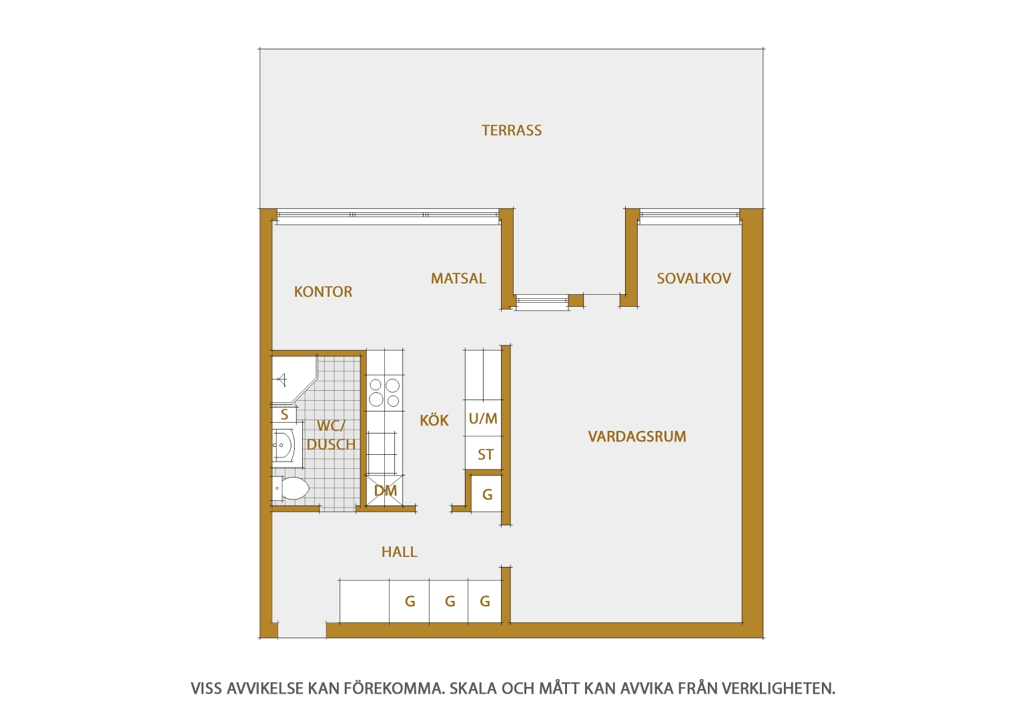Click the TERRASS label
(512, 131)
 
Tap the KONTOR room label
(323, 291)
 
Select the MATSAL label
(458, 278)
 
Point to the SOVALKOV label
(694, 278)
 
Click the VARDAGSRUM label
(637, 437)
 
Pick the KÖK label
(434, 420)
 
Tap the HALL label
(400, 552)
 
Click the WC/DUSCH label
(331, 435)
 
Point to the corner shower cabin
(294, 380)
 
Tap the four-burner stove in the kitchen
(384, 392)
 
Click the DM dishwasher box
(385, 491)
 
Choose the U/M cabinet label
(483, 418)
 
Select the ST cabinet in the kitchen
(483, 453)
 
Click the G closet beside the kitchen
(486, 494)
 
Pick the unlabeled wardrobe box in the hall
(364, 601)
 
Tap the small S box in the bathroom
(284, 415)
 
